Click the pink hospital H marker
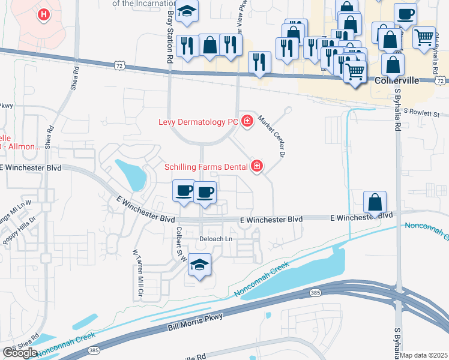(44, 14)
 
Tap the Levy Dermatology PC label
(198, 122)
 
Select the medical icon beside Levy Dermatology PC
(247, 122)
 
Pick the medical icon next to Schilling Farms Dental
(257, 166)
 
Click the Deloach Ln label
(215, 239)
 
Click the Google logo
(19, 353)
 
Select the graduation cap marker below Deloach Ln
(200, 265)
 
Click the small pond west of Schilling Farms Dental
(132, 174)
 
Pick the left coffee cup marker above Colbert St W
(184, 191)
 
